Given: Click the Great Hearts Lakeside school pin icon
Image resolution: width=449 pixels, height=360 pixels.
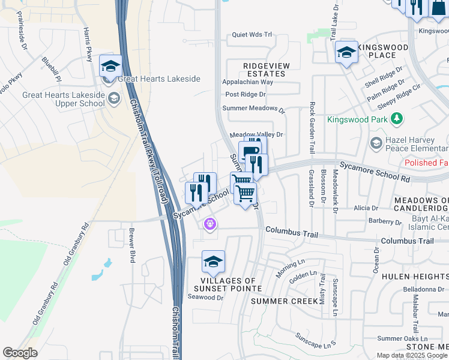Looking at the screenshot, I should coord(110,66).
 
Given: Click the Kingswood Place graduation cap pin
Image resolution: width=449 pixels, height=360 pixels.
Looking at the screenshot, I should coord(346,52).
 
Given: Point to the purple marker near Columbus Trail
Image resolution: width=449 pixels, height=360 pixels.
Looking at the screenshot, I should coord(209,224).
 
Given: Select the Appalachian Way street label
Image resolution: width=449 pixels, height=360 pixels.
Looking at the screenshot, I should coord(247,82).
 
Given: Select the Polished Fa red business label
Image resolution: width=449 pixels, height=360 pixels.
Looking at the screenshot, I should coord(426,163).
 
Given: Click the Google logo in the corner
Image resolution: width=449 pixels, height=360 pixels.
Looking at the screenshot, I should coord(20,353).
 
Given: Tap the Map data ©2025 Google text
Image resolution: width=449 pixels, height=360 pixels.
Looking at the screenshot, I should coord(412,355).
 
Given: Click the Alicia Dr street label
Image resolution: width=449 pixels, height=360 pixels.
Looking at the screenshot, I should coord(366,208).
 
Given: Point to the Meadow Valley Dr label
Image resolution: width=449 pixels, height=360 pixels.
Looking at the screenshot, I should coord(256,135).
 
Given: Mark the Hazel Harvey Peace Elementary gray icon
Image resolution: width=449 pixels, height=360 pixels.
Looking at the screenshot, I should coord(376,143).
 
